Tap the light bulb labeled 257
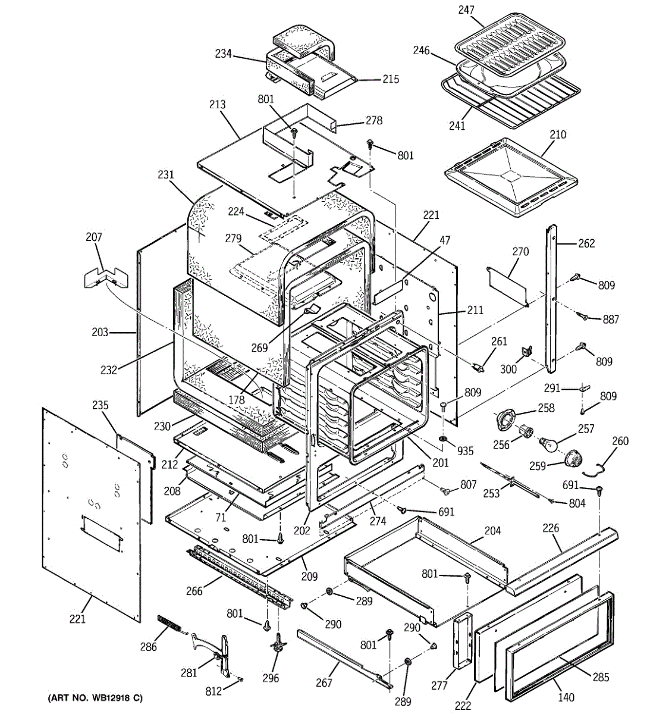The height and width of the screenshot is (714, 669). pyautogui.click(x=550, y=444)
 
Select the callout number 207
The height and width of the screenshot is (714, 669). pyautogui.click(x=94, y=237)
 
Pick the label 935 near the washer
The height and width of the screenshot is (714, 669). pyautogui.click(x=465, y=451)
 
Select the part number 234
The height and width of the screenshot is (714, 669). pyautogui.click(x=223, y=54)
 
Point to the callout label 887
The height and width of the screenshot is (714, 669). pyautogui.click(x=611, y=319)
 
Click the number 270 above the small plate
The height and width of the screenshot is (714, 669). pyautogui.click(x=520, y=252)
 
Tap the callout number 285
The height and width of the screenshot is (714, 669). pyautogui.click(x=601, y=677)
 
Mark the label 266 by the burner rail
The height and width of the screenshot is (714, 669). pyautogui.click(x=194, y=591)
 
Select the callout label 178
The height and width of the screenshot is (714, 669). pyautogui.click(x=237, y=399)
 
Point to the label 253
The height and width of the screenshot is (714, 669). pyautogui.click(x=491, y=493)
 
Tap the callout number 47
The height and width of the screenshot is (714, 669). pyautogui.click(x=445, y=240)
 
